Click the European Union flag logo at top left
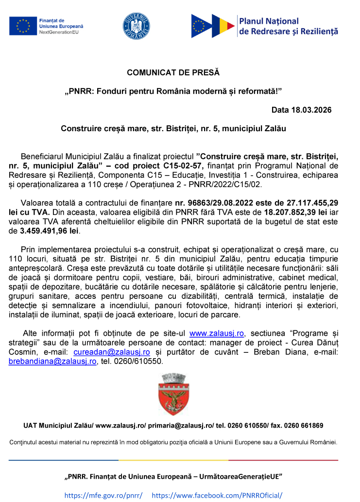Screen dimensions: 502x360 pyautogui.click(x=22, y=25)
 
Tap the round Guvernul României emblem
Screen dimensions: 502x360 pyautogui.click(x=136, y=26)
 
